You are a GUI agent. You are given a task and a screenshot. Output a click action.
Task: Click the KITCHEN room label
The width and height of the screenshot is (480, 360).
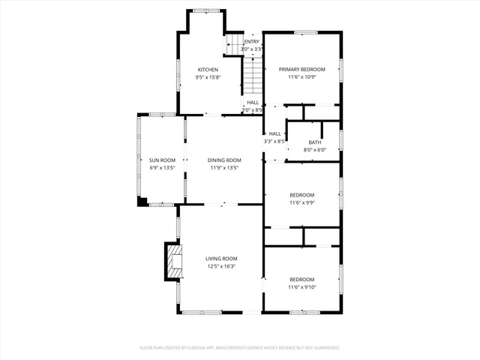[x=208, y=70]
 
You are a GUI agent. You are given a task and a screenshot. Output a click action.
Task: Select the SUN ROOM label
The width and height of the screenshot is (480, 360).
[x=162, y=160]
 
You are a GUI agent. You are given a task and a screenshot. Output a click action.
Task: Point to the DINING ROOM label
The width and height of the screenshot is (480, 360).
[x=224, y=160]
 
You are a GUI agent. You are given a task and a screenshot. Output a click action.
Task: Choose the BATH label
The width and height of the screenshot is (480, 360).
[x=314, y=142]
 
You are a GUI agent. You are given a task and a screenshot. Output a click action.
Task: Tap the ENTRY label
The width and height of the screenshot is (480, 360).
[x=251, y=42]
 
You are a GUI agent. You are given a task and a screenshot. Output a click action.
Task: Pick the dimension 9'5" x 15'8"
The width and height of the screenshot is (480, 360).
[x=208, y=77]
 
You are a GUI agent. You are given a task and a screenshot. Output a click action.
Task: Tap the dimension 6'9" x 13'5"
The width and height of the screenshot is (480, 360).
[x=162, y=168]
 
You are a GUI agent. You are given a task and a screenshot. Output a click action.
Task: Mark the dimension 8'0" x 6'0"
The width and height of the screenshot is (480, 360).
[x=314, y=150]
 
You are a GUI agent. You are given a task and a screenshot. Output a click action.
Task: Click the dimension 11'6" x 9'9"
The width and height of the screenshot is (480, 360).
[x=302, y=202]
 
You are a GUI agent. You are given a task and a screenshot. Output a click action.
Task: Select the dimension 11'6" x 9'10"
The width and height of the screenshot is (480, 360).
[x=302, y=287]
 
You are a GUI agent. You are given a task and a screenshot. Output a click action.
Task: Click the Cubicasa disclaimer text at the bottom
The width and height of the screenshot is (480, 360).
[x=240, y=348]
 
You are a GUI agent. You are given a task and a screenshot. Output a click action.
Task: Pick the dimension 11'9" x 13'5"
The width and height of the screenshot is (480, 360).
[x=224, y=168]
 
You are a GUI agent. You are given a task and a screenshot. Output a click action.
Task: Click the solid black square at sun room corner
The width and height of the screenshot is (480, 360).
[x=141, y=201]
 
